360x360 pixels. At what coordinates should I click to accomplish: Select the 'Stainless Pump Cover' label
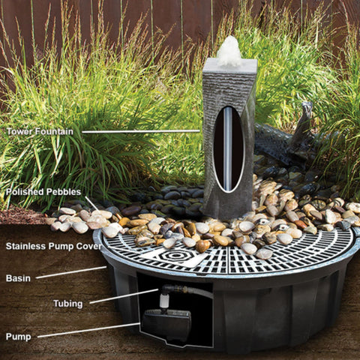[x=54, y=246]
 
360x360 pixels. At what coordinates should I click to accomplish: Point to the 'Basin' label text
[x=19, y=278]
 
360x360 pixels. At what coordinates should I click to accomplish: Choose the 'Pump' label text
[x=19, y=336]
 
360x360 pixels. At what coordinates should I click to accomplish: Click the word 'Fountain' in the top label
[x=55, y=132]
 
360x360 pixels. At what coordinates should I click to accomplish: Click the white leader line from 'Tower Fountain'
[x=142, y=132]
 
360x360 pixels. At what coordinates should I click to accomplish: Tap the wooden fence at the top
[x=150, y=19]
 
